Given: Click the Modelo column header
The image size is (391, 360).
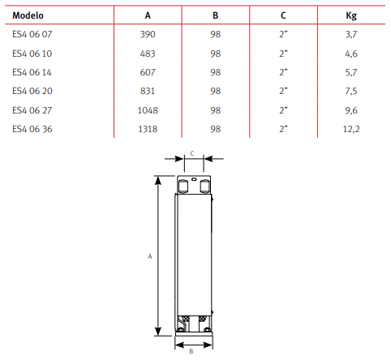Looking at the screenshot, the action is point(28,15).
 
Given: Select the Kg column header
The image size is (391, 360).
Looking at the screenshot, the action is point(351,15).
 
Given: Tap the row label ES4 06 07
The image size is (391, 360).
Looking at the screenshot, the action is point(32,34).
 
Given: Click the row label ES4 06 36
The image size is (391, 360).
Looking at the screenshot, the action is point(32,129).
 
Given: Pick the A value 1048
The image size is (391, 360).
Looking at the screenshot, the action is point(148,110).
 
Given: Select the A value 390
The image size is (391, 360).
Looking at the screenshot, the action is point(148,34).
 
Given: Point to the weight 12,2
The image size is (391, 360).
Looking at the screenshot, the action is point(351,129).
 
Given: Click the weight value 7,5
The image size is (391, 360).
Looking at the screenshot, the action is point(351,91).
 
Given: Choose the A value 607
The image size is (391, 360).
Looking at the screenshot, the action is point(148,72).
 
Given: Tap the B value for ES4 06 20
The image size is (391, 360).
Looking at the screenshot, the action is point(216,91).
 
